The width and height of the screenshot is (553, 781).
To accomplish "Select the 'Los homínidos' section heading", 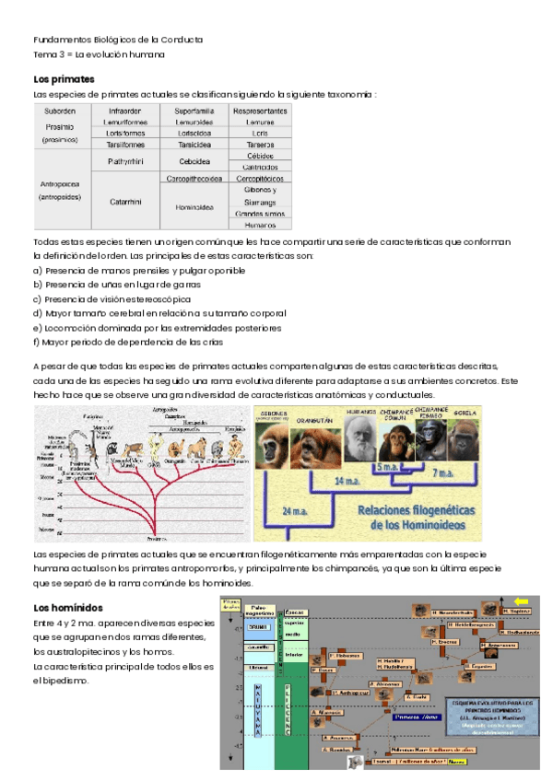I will [66, 608].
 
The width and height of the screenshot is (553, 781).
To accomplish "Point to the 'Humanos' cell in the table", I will [261, 224].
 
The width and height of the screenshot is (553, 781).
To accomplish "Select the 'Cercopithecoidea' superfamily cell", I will [194, 178].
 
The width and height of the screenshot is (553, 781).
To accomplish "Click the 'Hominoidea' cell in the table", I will [194, 206].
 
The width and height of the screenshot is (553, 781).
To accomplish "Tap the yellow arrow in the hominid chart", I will [521, 600].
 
